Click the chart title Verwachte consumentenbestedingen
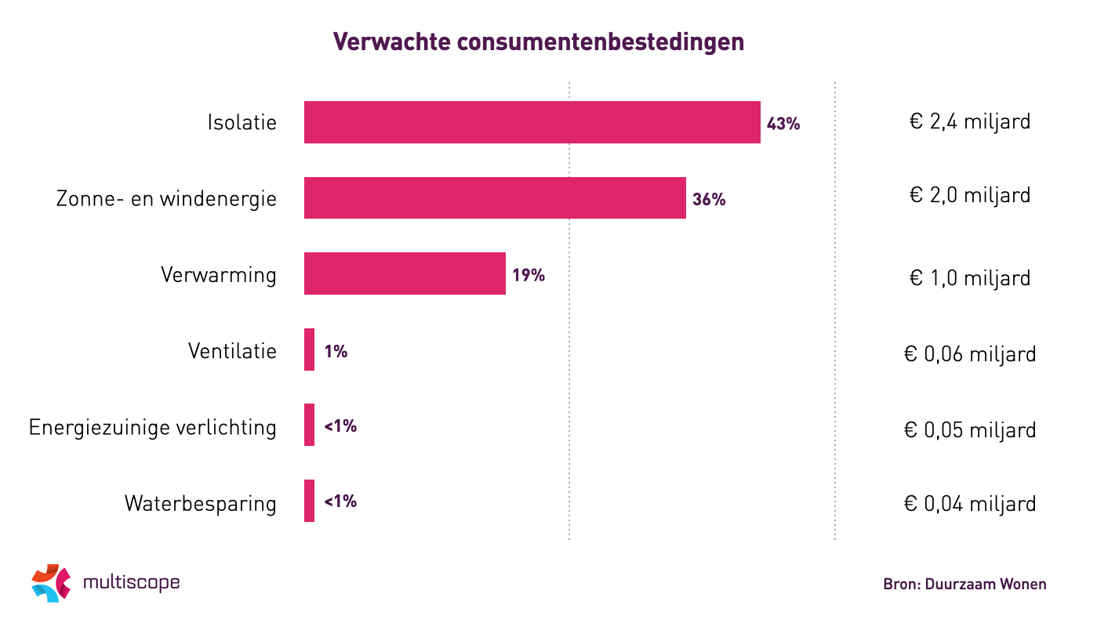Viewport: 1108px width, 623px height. tap(539, 42)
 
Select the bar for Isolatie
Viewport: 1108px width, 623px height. tap(532, 122)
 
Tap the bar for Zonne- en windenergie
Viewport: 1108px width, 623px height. tap(495, 197)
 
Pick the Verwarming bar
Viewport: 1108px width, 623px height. tap(405, 273)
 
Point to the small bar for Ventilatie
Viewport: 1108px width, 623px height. tap(309, 350)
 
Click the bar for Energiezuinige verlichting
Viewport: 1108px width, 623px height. tap(309, 425)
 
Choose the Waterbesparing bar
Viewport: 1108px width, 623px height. tap(309, 501)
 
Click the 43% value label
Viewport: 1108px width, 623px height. tap(783, 124)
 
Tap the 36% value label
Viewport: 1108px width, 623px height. tap(709, 200)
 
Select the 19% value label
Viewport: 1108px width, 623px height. tap(529, 275)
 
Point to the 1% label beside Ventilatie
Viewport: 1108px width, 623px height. tap(336, 351)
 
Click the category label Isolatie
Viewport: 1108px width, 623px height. tap(242, 123)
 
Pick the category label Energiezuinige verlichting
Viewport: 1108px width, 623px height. tap(153, 428)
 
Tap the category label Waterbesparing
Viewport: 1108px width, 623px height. tap(201, 503)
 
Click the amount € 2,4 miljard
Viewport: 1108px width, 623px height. tap(970, 122)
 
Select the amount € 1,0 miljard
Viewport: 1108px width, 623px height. tap(970, 277)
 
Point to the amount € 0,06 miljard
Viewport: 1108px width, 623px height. tap(970, 354)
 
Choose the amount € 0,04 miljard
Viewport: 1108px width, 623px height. tap(970, 503)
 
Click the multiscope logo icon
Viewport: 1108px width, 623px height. tap(51, 582)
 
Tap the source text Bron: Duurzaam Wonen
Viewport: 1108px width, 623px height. tap(965, 584)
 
